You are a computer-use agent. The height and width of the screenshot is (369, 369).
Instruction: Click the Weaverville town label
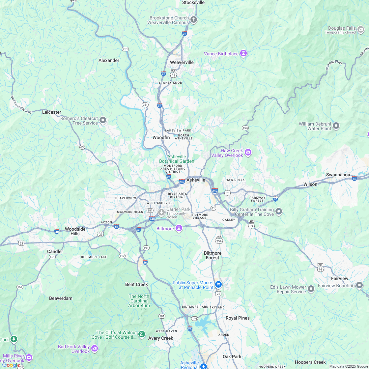[x=182, y=62]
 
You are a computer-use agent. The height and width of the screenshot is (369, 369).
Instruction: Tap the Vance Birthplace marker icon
[x=243, y=53]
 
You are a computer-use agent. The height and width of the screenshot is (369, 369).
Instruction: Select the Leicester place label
[x=52, y=112]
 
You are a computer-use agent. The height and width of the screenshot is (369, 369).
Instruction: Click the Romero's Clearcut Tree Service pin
[x=103, y=121]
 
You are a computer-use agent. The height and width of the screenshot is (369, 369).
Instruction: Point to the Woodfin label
[x=161, y=137]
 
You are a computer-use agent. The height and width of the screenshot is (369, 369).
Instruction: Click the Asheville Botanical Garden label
[x=177, y=159]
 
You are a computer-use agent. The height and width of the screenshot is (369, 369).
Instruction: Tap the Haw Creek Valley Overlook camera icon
[x=248, y=153]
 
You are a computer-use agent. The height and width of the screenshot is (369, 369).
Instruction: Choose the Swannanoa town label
[x=338, y=175]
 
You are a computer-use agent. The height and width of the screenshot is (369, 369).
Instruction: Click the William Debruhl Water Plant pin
[x=336, y=126]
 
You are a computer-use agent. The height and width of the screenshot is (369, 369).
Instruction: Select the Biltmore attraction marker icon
[x=179, y=228]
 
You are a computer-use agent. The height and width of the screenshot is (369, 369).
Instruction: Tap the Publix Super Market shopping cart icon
[x=218, y=284]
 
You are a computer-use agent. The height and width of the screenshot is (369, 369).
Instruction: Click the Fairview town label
[x=339, y=278]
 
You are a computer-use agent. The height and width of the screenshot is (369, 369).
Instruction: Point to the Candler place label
[x=55, y=251]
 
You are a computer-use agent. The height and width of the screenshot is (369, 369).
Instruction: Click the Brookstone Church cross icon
[x=194, y=20]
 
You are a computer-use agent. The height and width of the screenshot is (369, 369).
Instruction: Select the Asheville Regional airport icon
[x=204, y=366]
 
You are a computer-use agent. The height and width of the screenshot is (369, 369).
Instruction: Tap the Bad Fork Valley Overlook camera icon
[x=95, y=349]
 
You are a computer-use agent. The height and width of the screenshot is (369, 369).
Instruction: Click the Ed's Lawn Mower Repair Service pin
[x=311, y=289]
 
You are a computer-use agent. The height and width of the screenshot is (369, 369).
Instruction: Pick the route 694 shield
[x=245, y=128]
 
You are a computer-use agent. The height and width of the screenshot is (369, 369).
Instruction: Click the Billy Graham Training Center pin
[x=279, y=212]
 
